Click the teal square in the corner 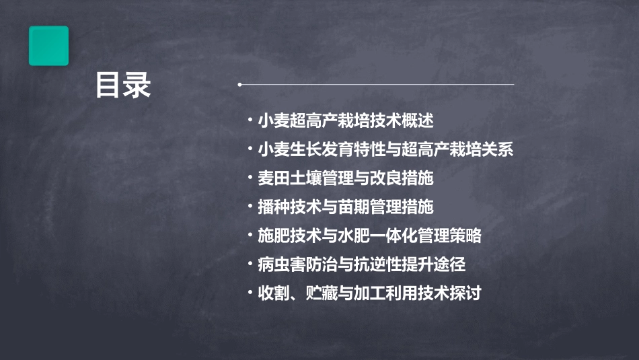click(48, 46)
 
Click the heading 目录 click(123, 86)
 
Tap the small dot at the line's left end click(239, 85)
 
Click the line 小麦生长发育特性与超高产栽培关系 click(385, 150)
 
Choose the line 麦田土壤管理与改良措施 click(345, 179)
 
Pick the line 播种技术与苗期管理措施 click(345, 207)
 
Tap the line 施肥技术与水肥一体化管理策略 click(369, 236)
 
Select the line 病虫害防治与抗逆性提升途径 click(361, 264)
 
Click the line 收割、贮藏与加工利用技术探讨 click(369, 293)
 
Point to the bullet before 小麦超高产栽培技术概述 click(250, 121)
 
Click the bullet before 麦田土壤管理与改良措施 click(250, 179)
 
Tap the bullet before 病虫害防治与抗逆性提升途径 click(250, 264)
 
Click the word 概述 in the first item click(418, 121)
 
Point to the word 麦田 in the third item click(273, 179)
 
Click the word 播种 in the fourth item click(273, 207)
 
